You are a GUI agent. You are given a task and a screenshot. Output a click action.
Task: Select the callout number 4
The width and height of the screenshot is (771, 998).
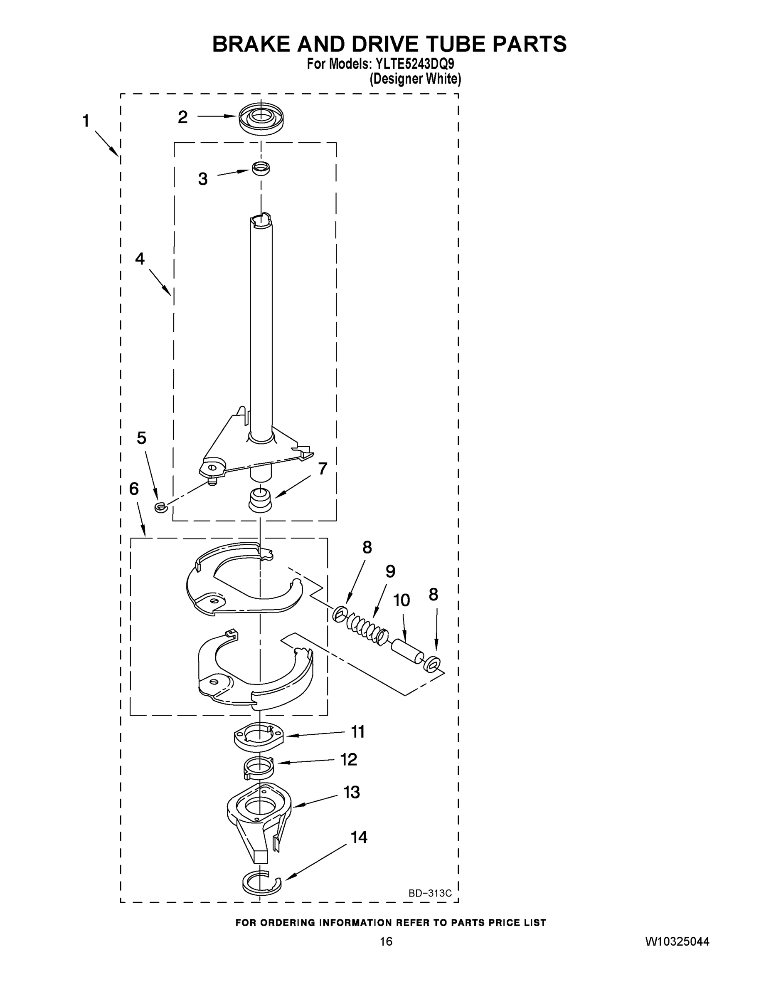[140, 259]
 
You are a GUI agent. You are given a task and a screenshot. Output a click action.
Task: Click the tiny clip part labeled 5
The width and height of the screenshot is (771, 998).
[159, 506]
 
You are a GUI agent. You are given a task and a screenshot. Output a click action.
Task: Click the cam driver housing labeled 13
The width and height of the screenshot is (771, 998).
[259, 818]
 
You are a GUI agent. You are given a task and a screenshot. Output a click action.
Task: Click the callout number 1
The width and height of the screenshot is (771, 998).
[86, 121]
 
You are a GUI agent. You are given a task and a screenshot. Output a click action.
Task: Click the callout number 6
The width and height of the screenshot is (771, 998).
[134, 489]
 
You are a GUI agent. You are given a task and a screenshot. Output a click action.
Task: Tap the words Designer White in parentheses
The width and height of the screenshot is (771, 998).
[415, 79]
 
